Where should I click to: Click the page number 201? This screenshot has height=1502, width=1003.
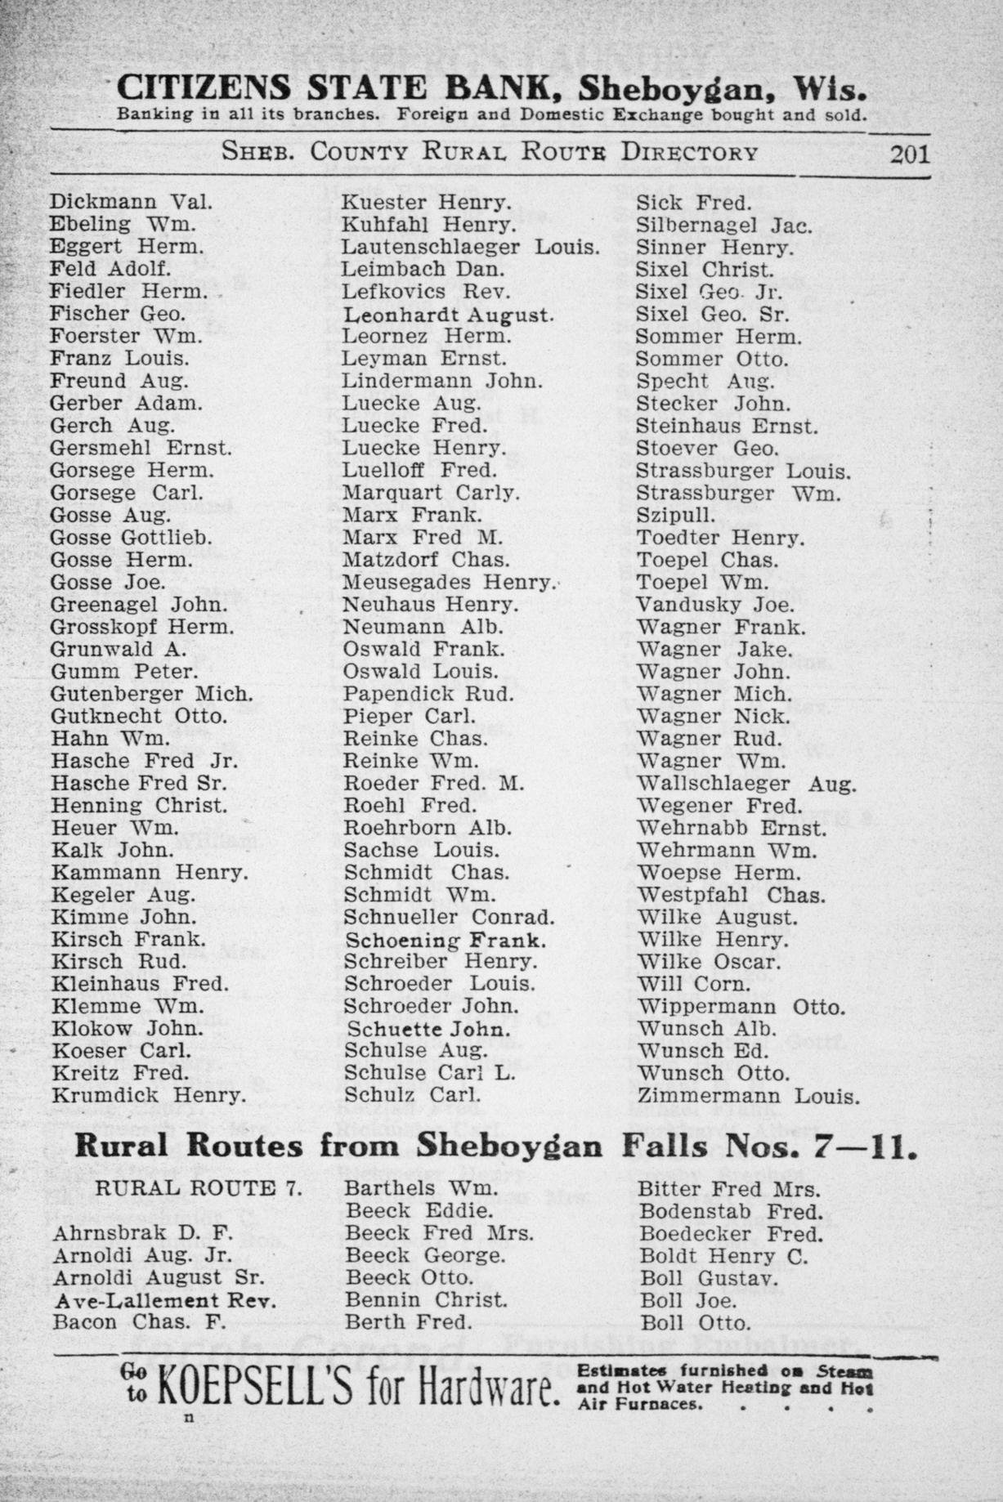(x=909, y=154)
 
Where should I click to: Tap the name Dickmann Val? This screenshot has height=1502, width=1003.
(x=131, y=202)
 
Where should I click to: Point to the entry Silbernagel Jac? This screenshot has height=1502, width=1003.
(x=724, y=225)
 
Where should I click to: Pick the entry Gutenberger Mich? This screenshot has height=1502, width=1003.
(x=151, y=694)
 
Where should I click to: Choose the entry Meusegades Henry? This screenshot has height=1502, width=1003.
(x=448, y=583)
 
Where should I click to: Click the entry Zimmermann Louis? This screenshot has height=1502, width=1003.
(x=748, y=1096)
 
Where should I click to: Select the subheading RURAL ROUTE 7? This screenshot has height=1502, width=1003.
(x=199, y=1189)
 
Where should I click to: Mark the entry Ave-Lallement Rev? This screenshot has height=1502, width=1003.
(x=165, y=1300)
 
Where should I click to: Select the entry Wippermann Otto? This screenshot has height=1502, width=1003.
(x=741, y=1007)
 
